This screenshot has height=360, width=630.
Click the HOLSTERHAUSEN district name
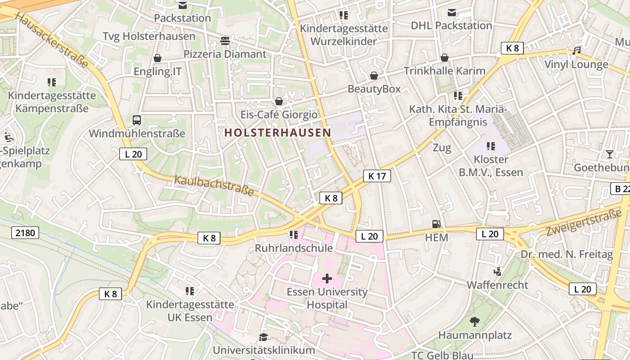(x=278, y=132)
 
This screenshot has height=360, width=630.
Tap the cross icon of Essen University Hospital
(x=327, y=279)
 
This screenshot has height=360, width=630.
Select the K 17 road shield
(x=377, y=176)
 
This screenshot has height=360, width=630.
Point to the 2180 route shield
(x=25, y=233)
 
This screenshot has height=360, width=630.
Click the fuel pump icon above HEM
(x=436, y=224)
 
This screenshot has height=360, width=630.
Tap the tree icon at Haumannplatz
(x=474, y=321)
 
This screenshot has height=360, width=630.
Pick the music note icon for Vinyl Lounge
(x=576, y=50)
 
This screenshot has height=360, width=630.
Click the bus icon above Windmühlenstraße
(x=137, y=120)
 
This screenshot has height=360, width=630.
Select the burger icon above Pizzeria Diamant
(x=225, y=41)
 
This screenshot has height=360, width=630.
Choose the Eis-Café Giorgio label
(x=279, y=115)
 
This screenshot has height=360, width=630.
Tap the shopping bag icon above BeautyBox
(x=374, y=76)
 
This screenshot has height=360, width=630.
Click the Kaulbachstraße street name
(x=214, y=186)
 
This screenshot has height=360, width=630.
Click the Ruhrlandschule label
(x=294, y=248)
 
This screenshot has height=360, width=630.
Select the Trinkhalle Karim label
(x=445, y=71)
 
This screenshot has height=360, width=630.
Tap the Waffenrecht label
(x=497, y=285)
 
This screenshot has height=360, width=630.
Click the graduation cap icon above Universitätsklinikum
(x=263, y=337)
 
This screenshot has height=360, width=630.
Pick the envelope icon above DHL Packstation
(x=451, y=13)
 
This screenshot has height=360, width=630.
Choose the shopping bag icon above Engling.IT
(x=157, y=58)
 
